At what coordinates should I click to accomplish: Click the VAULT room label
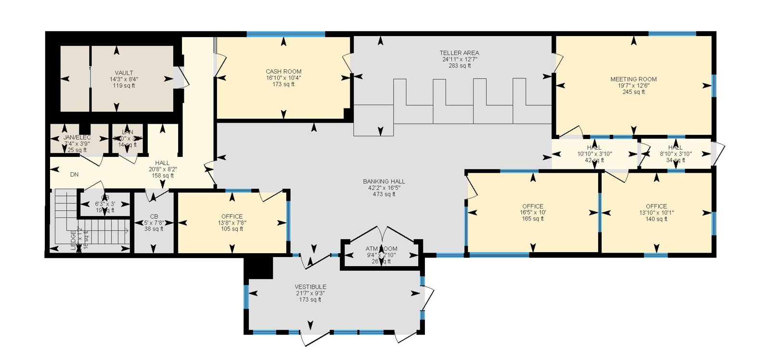click(x=124, y=73)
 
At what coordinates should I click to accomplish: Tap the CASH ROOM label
click(x=283, y=71)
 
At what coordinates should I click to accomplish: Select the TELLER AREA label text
click(x=459, y=53)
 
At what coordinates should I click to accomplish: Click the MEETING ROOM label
click(x=633, y=79)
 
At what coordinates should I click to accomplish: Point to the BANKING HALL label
click(x=384, y=181)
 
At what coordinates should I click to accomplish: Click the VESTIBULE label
click(x=310, y=287)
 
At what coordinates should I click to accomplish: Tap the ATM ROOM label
click(x=381, y=249)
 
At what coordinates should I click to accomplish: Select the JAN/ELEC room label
click(x=77, y=138)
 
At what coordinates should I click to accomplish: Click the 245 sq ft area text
click(x=633, y=92)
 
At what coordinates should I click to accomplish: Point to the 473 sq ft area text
click(x=384, y=194)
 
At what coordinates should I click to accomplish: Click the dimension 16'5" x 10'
click(x=532, y=212)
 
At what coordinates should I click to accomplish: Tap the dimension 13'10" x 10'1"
click(x=656, y=212)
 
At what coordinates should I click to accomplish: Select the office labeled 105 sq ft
click(x=232, y=222)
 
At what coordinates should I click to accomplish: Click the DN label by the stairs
click(x=74, y=175)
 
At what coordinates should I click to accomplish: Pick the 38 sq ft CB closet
click(x=154, y=223)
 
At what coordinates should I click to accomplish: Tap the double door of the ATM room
click(x=382, y=233)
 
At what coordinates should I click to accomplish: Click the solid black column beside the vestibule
click(x=258, y=267)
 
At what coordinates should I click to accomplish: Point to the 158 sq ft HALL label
click(x=162, y=163)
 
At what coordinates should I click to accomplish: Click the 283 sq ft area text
click(x=459, y=66)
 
